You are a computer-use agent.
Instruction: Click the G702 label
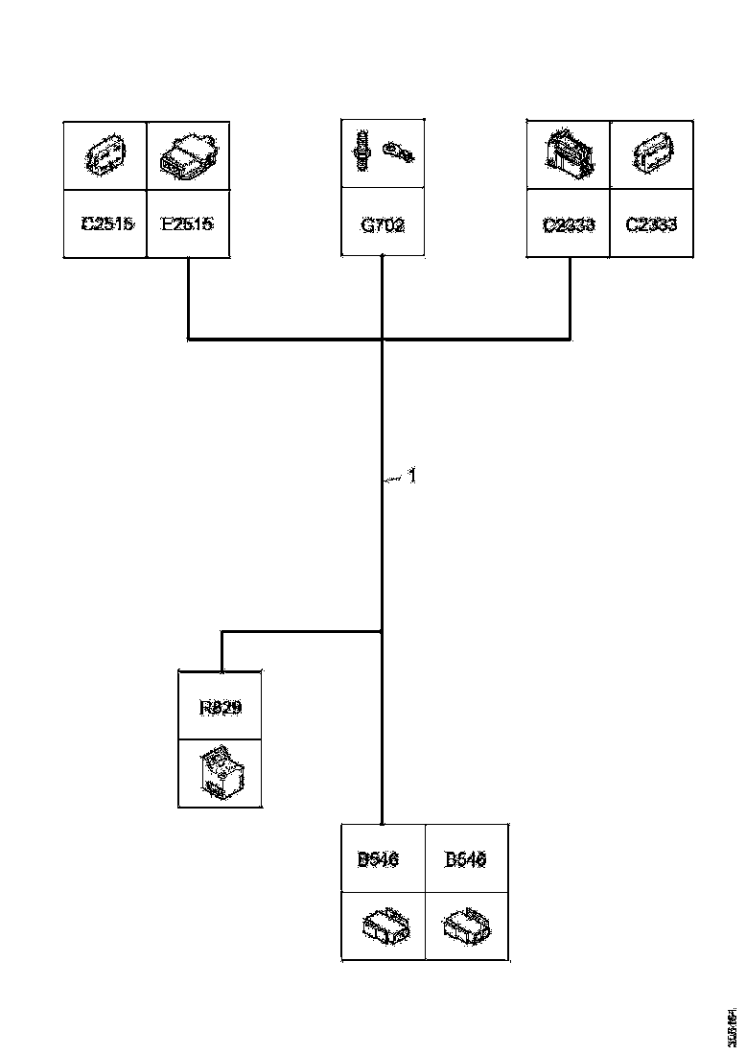383,226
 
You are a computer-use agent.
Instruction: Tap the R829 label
221,708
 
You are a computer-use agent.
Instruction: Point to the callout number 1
411,475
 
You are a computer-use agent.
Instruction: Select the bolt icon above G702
363,152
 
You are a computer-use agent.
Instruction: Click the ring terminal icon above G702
398,150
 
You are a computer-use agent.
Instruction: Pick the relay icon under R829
221,772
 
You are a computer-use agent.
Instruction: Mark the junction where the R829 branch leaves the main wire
383,631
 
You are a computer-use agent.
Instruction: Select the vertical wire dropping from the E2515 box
188,297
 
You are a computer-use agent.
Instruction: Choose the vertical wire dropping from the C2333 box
571,297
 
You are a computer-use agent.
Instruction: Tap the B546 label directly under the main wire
378,860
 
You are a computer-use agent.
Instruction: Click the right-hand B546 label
466,860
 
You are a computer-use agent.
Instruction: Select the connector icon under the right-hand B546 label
467,925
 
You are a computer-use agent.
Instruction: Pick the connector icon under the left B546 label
385,926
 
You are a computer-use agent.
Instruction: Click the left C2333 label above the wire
569,225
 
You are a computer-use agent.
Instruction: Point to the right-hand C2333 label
651,225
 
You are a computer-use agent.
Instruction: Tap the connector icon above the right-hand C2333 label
652,153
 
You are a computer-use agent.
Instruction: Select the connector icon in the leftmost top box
105,154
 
